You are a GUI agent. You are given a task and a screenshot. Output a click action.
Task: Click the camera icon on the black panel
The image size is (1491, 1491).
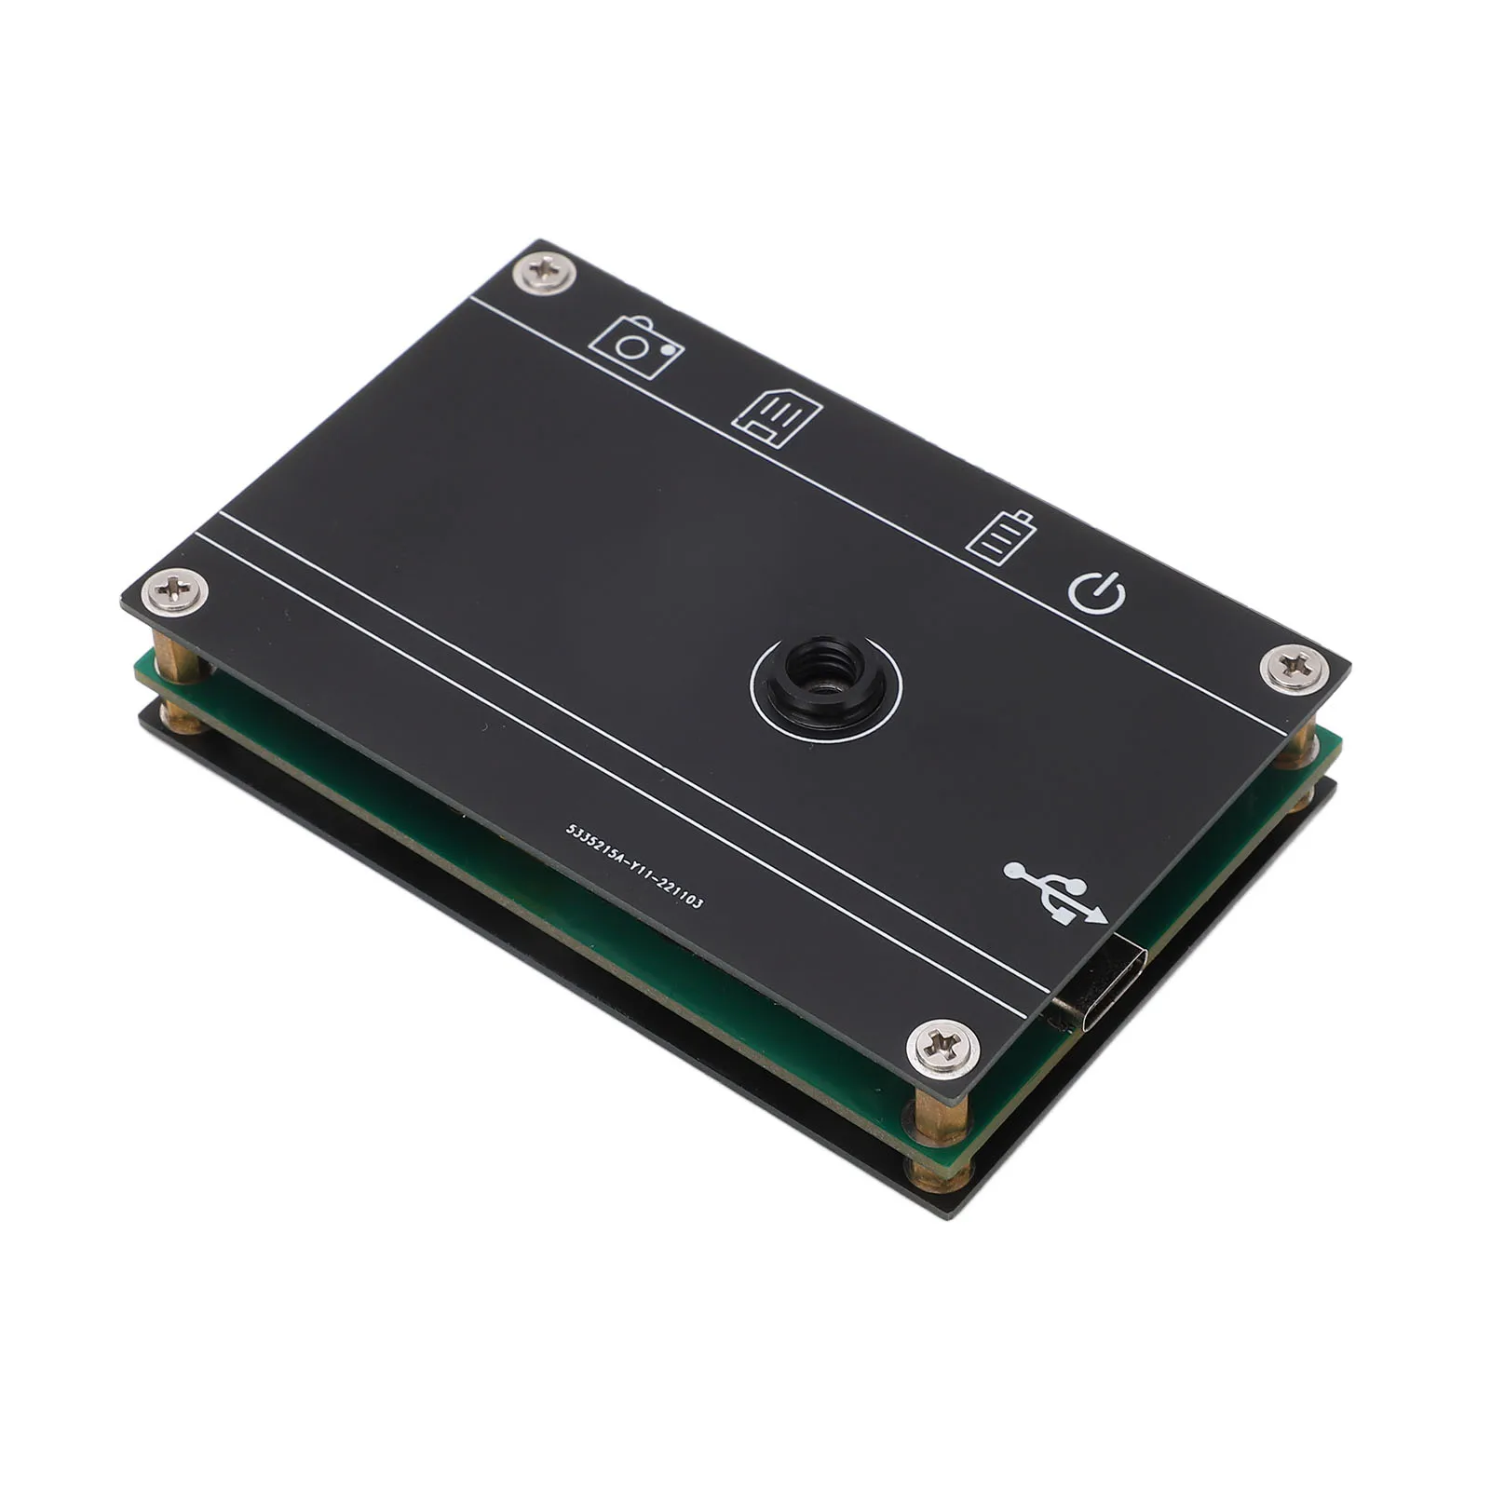(x=637, y=347)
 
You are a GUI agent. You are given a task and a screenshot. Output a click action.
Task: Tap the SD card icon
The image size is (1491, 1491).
(x=778, y=416)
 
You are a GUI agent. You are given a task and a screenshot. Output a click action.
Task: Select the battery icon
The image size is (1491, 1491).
(x=1001, y=536)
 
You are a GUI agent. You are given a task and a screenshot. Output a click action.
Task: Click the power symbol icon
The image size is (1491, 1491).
(x=1096, y=592)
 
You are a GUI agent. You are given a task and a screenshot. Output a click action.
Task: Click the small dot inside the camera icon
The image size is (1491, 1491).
(x=667, y=350)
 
